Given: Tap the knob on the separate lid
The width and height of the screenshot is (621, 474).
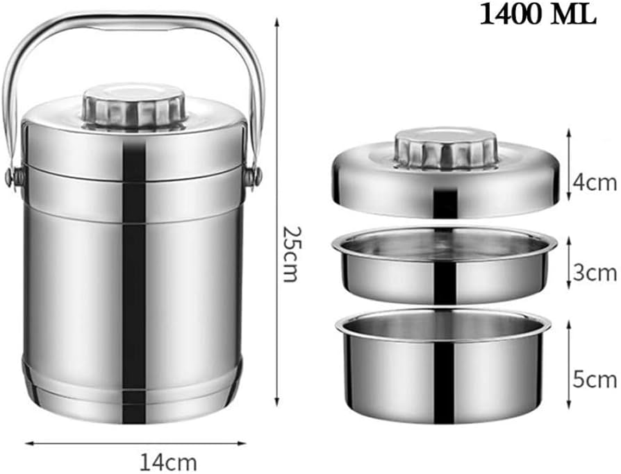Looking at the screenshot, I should pos(446,148).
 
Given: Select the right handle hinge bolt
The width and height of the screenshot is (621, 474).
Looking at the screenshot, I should pos(256,176).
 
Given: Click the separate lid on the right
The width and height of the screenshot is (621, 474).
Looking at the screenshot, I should pos(445,187).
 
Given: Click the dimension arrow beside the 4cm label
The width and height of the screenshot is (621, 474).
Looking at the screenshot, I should pos(570,167).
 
